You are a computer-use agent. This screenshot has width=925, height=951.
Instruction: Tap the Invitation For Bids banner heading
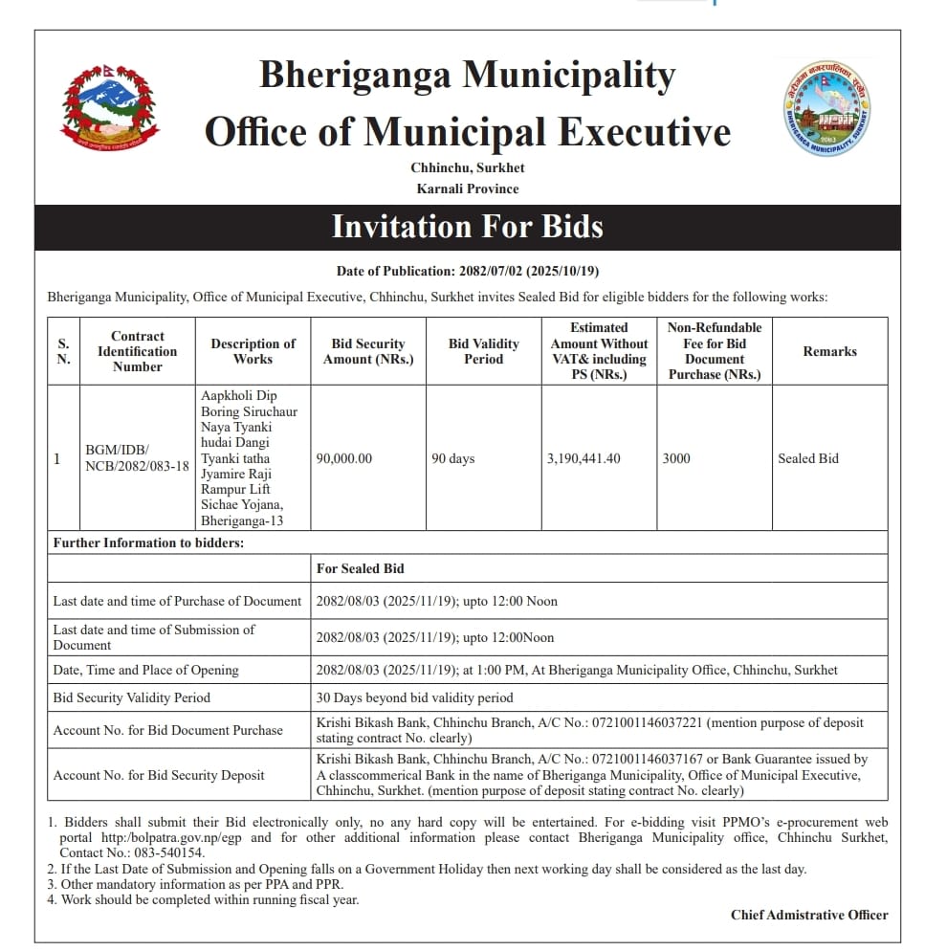[467, 227]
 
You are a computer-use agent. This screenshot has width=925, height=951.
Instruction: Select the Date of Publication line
[467, 272]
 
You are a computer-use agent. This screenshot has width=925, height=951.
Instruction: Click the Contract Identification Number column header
[137, 351]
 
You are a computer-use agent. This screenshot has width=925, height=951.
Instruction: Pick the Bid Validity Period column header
[483, 351]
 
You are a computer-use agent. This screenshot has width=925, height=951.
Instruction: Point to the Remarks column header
[829, 351]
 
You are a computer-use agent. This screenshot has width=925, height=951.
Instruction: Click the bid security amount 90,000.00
[344, 458]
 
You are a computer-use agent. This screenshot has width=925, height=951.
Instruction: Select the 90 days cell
[452, 458]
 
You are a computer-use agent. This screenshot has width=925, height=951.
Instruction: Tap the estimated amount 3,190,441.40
[584, 458]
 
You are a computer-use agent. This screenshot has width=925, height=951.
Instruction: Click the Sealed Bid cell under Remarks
[807, 458]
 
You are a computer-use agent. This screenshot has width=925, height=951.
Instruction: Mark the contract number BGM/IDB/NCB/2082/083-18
[137, 458]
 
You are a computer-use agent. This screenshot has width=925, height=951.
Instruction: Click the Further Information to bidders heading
[148, 542]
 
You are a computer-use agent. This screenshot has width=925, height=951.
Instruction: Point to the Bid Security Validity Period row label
[131, 697]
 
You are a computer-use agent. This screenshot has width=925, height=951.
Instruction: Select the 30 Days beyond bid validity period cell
[414, 697]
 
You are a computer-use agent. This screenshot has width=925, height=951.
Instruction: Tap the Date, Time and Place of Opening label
[145, 670]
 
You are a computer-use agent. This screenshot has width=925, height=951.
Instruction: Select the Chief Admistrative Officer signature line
[809, 915]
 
